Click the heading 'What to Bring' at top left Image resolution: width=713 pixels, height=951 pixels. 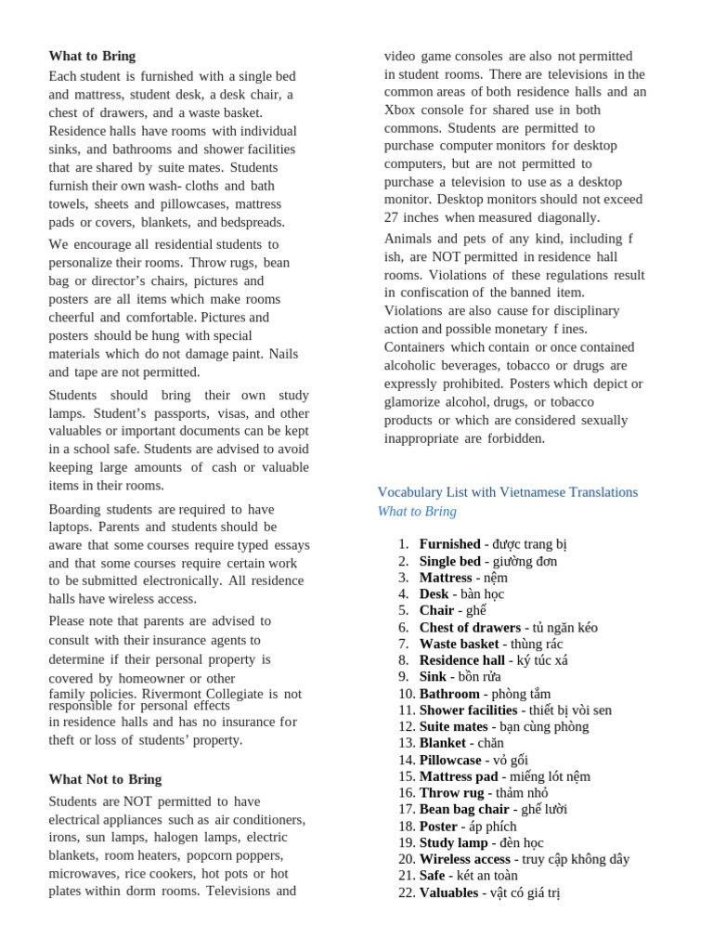click(x=92, y=56)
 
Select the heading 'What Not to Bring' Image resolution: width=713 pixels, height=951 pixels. click(x=105, y=779)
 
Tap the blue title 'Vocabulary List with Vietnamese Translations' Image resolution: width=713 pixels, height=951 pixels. click(x=507, y=491)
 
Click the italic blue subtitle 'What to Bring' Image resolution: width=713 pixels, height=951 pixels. click(x=417, y=512)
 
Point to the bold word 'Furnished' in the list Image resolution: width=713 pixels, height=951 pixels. click(x=449, y=544)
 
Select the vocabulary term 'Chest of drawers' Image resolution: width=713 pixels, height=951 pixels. click(x=470, y=627)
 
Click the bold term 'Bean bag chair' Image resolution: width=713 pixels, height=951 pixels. click(x=464, y=809)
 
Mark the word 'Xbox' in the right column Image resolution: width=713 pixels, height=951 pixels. click(x=401, y=110)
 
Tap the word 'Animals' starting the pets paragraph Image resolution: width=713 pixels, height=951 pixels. click(x=411, y=239)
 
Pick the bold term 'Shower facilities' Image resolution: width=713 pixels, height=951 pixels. click(x=468, y=710)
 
